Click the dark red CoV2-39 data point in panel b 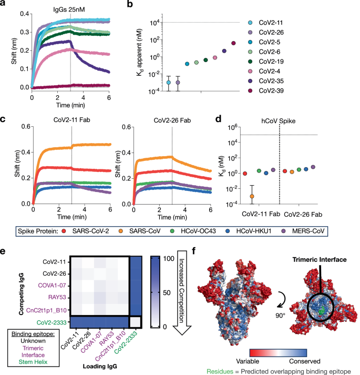(x=233, y=43)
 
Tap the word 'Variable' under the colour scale (x=244, y=354)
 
